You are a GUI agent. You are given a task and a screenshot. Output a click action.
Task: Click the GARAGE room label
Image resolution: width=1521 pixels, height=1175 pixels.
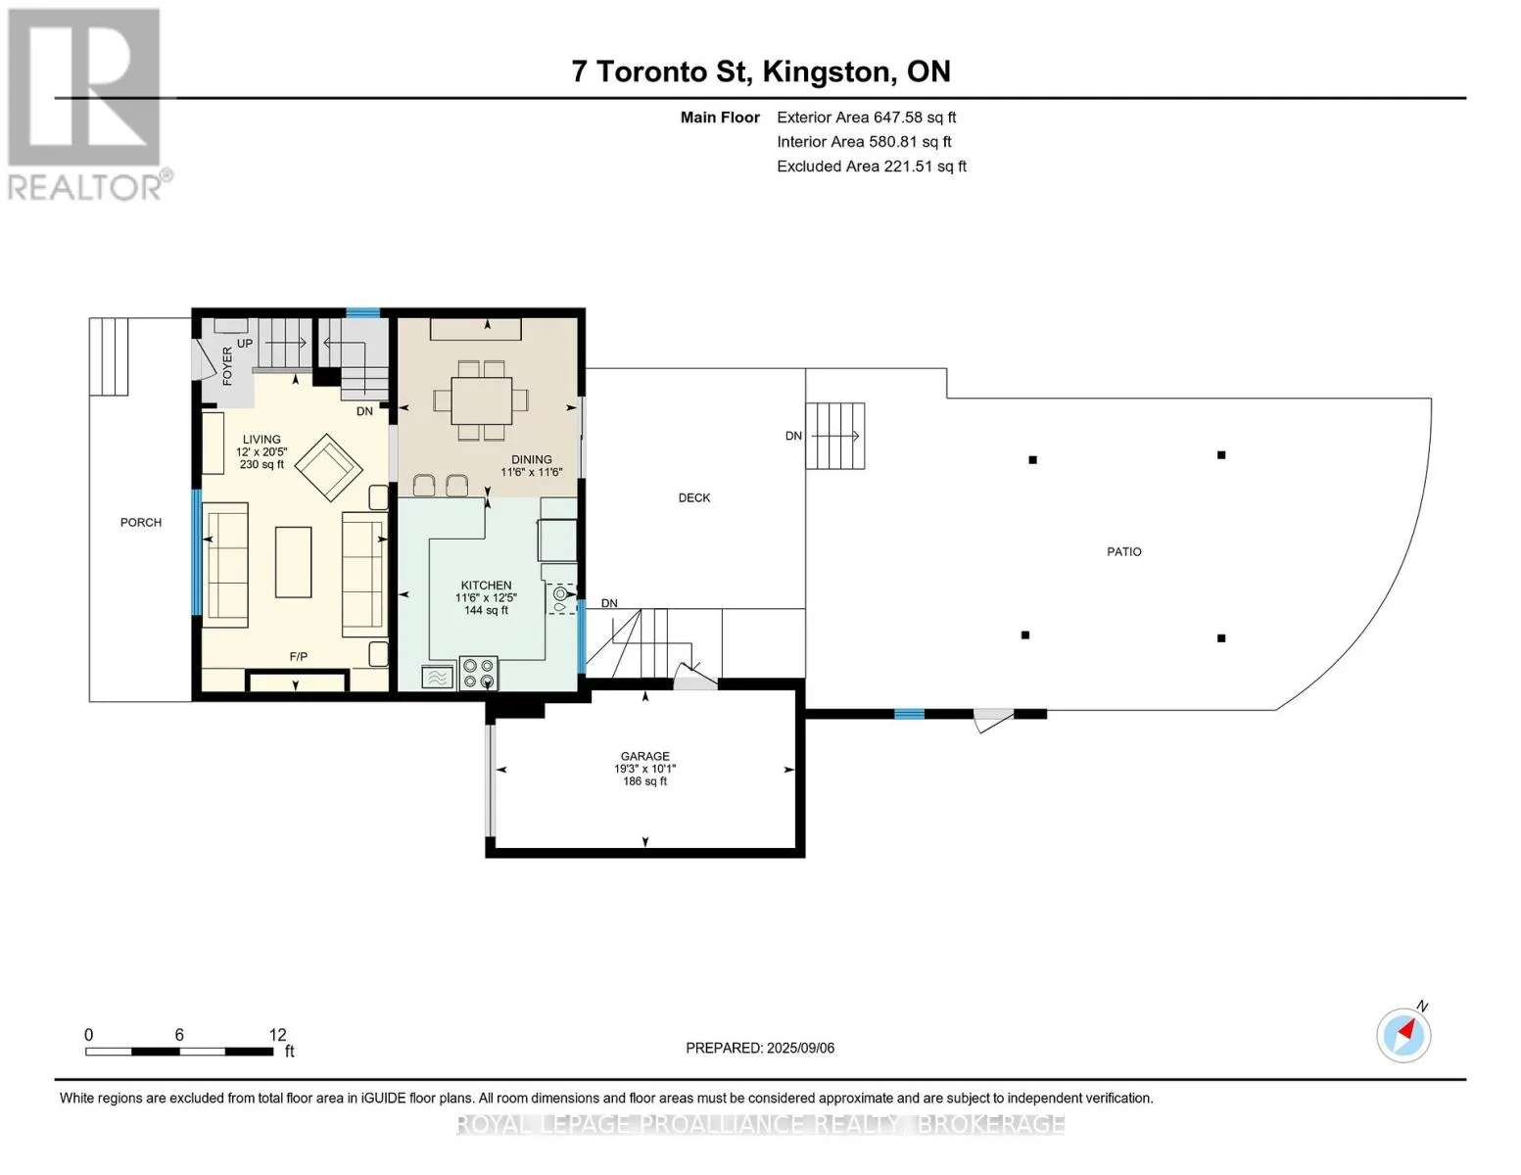[644, 756]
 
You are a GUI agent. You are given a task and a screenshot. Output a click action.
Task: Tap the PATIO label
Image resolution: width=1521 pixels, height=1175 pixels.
[1123, 551]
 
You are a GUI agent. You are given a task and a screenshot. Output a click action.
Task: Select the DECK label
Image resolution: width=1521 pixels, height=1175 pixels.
[693, 497]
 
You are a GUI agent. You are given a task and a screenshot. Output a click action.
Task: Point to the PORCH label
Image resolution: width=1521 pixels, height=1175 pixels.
[141, 522]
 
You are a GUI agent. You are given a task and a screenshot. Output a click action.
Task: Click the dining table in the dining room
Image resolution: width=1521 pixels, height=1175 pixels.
[481, 400]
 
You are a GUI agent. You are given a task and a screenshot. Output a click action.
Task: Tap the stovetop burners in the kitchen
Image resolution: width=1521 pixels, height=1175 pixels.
[479, 674]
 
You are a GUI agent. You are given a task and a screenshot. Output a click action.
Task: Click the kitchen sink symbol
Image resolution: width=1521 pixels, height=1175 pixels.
[561, 599]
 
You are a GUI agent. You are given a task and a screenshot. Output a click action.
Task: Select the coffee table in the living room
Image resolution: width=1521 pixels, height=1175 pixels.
[293, 562]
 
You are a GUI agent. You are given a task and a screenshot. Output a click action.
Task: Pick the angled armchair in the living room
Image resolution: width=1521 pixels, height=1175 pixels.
[328, 467]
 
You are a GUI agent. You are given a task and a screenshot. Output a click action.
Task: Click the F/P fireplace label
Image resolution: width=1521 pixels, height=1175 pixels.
[299, 656]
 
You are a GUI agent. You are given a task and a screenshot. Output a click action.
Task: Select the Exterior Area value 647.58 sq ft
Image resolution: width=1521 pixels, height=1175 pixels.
[914, 117]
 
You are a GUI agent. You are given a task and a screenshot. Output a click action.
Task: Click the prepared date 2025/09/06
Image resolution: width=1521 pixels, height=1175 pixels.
[800, 1048]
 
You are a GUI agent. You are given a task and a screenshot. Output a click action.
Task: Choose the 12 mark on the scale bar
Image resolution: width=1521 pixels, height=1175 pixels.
[278, 1034]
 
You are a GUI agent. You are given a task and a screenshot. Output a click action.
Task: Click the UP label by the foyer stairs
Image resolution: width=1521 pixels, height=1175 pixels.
[244, 344]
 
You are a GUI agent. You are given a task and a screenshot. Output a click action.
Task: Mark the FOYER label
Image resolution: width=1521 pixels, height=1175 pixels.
[227, 366]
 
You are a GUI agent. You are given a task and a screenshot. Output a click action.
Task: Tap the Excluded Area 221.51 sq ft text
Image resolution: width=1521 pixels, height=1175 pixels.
[872, 166]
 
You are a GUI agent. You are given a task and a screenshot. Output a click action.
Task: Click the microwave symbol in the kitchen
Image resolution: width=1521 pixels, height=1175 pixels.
[438, 678]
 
